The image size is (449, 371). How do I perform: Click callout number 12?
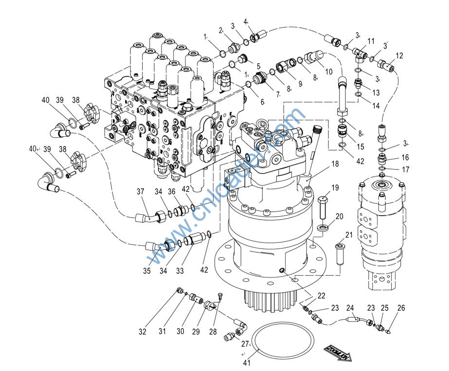click(399, 56)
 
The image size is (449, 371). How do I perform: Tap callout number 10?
click(328, 72)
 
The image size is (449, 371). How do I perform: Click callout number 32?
click(142, 332)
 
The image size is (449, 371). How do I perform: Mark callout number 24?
click(350, 308)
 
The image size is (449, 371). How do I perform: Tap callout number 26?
click(401, 308)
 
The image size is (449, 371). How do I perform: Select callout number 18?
click(335, 164)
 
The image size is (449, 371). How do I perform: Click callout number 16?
click(405, 157)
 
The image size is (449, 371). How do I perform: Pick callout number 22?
click(322, 296)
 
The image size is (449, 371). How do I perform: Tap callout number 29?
click(196, 332)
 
